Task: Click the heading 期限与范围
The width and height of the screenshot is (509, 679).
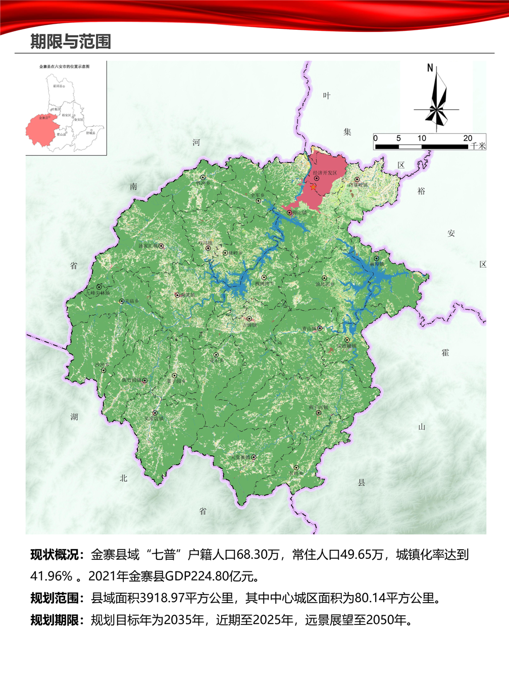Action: [x=71, y=41]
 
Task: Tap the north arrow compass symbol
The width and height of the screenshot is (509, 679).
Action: [x=437, y=99]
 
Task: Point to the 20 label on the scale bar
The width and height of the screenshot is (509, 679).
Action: [x=468, y=138]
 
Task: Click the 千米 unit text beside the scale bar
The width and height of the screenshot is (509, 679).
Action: [x=478, y=146]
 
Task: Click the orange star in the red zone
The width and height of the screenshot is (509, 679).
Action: [x=314, y=187]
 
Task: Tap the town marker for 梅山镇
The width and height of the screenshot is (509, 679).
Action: [x=289, y=213]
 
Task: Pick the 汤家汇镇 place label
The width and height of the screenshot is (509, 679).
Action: [x=148, y=246]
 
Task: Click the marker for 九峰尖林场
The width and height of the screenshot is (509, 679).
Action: [x=99, y=287]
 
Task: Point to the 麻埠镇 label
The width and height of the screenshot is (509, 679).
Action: [x=377, y=264]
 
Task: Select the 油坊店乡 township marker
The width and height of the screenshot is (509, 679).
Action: [x=324, y=278]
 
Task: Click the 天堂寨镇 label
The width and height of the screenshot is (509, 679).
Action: [x=240, y=457]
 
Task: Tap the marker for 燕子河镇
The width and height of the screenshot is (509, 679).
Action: [x=319, y=413]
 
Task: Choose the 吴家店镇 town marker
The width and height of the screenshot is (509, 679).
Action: [x=155, y=413]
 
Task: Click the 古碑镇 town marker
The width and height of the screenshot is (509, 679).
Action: [x=249, y=319]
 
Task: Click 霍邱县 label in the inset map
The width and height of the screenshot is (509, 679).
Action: [x=59, y=86]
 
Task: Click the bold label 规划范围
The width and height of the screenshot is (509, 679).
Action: [x=57, y=598]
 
